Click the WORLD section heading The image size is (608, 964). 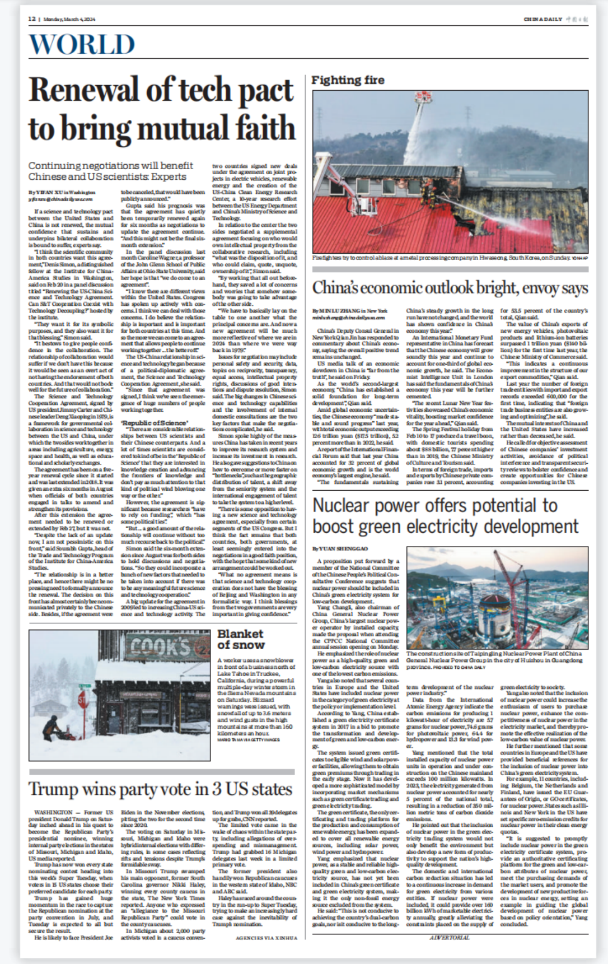point(82,45)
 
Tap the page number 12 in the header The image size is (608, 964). point(32,19)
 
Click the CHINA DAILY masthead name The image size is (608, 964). point(542,19)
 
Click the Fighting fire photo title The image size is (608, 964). point(348,80)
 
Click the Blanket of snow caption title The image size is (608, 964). point(240,639)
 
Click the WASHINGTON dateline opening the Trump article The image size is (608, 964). point(52,812)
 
